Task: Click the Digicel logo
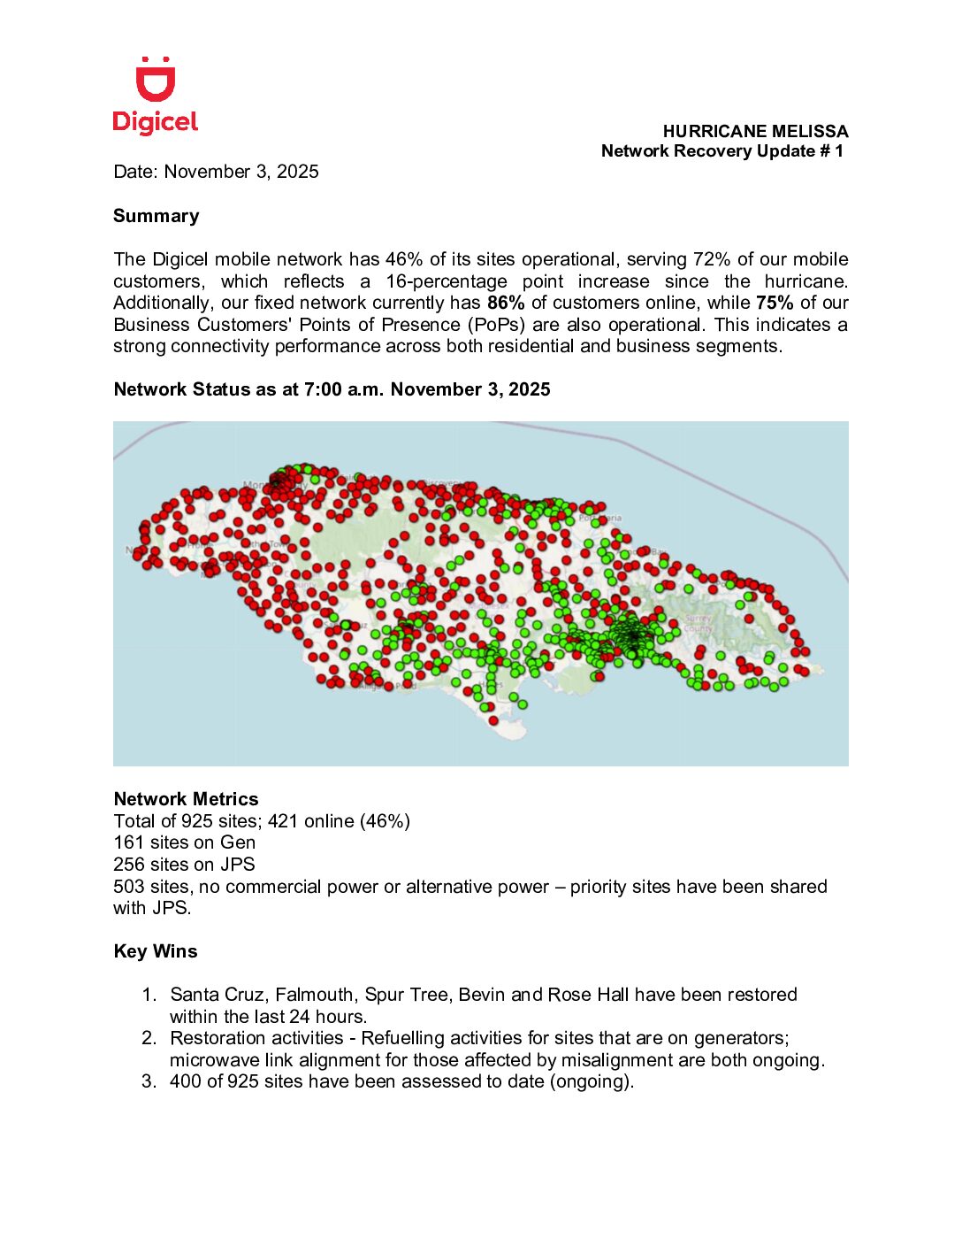pos(156,96)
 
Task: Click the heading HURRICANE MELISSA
pos(755,131)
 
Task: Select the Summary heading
pos(157,216)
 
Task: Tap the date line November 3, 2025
pos(216,172)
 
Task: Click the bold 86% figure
pos(506,303)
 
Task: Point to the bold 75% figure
pos(775,303)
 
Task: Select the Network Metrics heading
pos(187,799)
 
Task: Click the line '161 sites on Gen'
pos(185,842)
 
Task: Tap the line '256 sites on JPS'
pos(184,865)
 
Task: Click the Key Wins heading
pos(156,951)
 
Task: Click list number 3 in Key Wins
pos(149,1081)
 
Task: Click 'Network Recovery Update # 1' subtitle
pos(722,151)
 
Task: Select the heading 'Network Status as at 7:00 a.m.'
pos(332,389)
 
